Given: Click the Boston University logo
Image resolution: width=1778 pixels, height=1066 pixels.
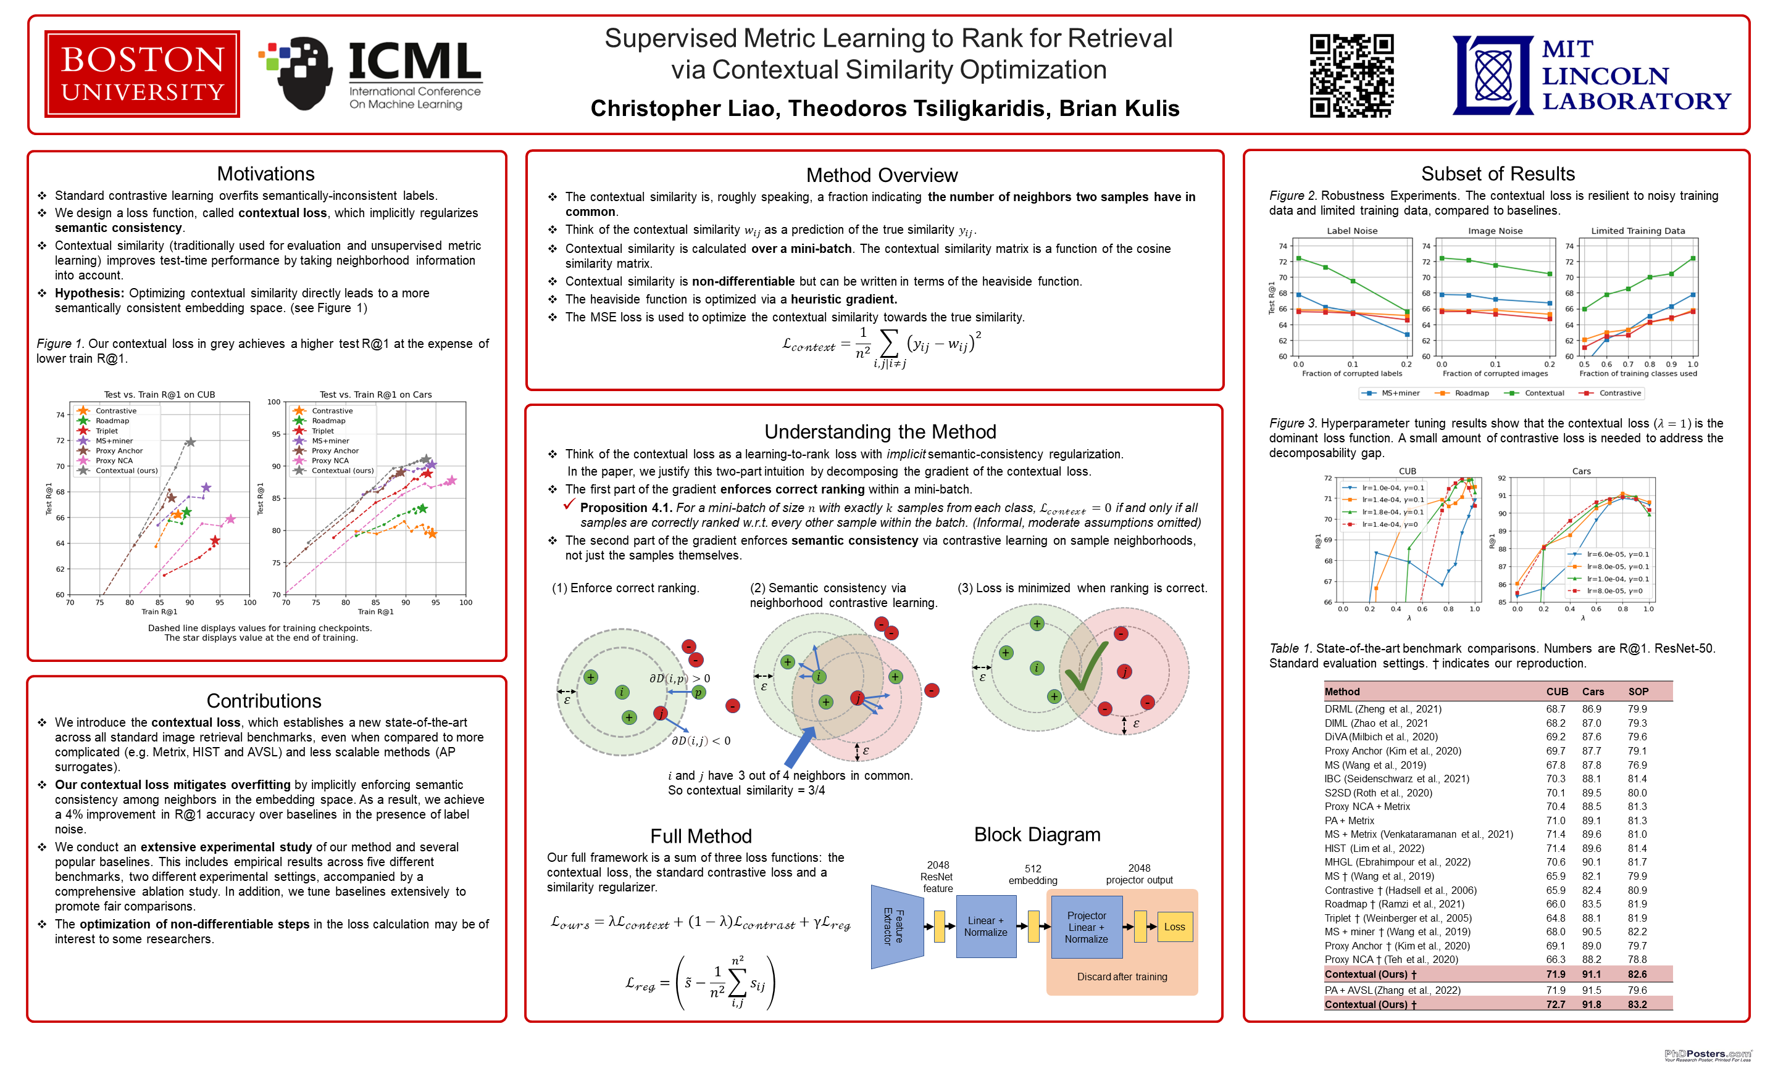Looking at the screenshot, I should pyautogui.click(x=141, y=74).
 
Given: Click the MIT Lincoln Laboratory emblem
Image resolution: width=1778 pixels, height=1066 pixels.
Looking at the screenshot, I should pyautogui.click(x=1493, y=75).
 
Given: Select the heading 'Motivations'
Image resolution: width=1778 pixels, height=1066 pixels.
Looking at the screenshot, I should pyautogui.click(x=265, y=174).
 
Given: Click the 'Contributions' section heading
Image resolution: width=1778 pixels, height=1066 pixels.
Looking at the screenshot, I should pyautogui.click(x=264, y=700).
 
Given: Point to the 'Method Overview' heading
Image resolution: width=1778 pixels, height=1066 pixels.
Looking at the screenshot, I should pyautogui.click(x=881, y=175).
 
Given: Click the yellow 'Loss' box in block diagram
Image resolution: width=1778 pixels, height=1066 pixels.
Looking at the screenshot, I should pyautogui.click(x=1174, y=927).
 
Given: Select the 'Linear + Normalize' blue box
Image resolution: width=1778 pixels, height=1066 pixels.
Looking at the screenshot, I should pyautogui.click(x=985, y=927).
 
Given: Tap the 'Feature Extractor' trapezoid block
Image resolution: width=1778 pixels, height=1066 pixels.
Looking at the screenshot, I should pyautogui.click(x=895, y=927).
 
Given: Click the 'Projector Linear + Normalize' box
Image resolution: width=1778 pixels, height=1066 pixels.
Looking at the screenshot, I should pyautogui.click(x=1086, y=927).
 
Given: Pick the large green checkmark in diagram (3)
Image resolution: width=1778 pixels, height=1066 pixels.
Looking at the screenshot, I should pyautogui.click(x=1085, y=667).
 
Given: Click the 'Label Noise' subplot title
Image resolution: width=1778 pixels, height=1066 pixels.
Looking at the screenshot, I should pyautogui.click(x=1351, y=231).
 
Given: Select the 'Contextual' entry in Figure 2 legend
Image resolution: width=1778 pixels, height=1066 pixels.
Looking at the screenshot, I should pyautogui.click(x=1543, y=393).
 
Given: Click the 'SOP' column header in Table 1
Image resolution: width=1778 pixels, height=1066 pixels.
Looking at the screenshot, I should pyautogui.click(x=1638, y=692).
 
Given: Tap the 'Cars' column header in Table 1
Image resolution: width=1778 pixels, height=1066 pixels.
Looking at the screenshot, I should pyautogui.click(x=1593, y=692).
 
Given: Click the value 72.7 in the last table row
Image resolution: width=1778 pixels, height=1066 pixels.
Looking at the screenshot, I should pyautogui.click(x=1555, y=1004).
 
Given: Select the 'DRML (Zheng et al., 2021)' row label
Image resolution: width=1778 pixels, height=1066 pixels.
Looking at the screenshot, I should pyautogui.click(x=1383, y=709).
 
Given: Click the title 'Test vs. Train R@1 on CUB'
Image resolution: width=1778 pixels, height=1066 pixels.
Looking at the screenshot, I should pyautogui.click(x=159, y=394).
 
